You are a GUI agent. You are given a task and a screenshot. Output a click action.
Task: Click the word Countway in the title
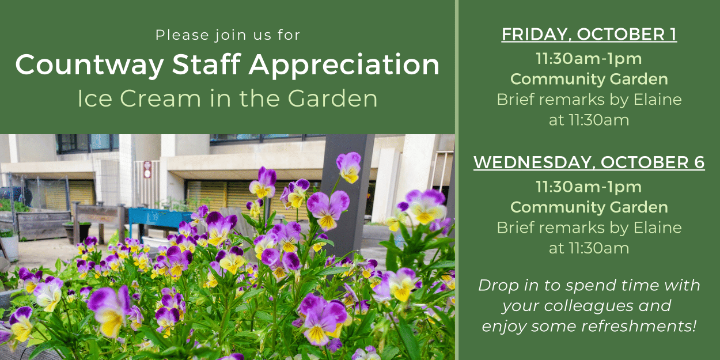90,65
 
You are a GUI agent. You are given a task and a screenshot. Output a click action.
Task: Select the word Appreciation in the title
344,65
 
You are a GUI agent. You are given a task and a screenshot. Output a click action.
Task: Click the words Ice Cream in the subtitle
139,98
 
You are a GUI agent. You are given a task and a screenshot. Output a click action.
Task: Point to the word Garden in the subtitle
332,98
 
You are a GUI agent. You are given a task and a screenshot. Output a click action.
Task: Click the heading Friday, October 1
589,35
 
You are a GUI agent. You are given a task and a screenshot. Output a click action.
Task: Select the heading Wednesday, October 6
589,162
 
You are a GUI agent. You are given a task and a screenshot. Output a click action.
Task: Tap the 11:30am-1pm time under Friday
589,59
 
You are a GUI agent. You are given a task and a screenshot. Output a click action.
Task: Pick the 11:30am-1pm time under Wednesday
589,187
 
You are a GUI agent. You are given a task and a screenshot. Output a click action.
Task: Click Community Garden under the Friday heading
589,79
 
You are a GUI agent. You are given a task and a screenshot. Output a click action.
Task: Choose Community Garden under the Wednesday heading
589,207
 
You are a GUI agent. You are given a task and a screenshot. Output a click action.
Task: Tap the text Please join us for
228,35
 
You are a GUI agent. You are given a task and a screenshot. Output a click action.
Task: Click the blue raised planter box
160,218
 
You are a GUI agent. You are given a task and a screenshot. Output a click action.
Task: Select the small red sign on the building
147,169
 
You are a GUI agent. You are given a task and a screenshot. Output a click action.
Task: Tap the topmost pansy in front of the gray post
349,167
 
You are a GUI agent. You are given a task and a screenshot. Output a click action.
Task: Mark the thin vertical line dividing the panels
457,180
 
